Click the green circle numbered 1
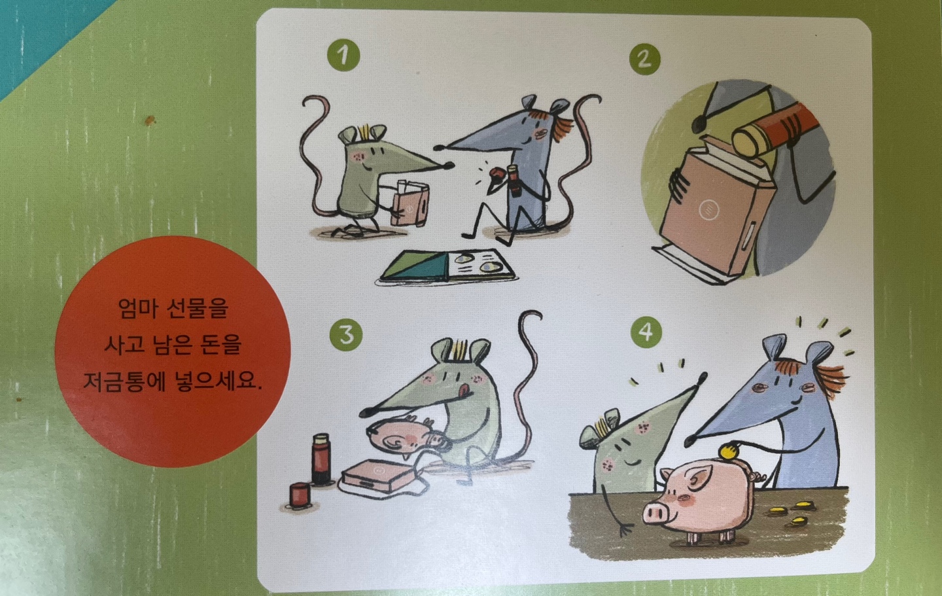coord(343,55)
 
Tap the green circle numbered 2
coord(645,60)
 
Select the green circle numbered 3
coord(346,335)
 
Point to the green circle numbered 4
coord(646,332)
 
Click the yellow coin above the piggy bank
coord(728,452)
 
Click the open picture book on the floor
coord(448,266)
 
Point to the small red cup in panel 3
coord(300,495)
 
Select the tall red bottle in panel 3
coord(321,459)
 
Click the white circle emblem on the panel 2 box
coord(708,209)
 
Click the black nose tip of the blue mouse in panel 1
coord(439,148)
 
